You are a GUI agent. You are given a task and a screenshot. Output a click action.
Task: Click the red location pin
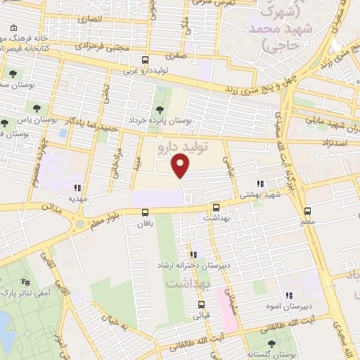182,166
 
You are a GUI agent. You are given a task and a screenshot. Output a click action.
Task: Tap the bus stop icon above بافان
145,212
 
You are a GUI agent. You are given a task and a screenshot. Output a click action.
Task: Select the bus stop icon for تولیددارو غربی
145,60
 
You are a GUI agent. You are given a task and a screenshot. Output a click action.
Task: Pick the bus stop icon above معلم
307,211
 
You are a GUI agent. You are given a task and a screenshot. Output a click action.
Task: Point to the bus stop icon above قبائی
202,305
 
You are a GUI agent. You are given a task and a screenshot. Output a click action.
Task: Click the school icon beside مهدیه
77,188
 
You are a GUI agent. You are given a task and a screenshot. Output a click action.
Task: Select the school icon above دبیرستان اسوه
289,297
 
